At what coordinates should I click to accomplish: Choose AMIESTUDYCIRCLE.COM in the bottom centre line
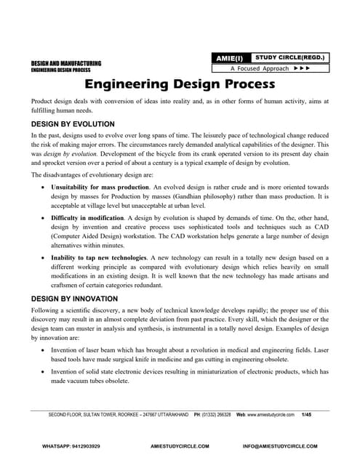[179, 445]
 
